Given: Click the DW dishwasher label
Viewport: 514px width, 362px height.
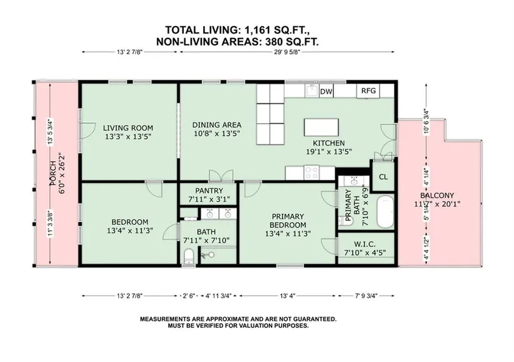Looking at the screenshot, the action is pos(326,91).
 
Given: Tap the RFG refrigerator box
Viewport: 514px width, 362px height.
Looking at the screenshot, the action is pos(368,91).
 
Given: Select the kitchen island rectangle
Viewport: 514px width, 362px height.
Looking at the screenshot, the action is pos(321,127).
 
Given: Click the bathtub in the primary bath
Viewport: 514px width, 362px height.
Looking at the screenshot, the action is pos(385,211).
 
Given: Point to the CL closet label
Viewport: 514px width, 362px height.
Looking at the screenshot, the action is pos(383,177).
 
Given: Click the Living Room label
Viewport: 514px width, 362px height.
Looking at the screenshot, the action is pos(128,128).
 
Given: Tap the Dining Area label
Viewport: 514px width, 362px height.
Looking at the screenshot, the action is pos(217,124).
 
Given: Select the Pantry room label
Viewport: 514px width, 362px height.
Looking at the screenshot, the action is pos(209,190).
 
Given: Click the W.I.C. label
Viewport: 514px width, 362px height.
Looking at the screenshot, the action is pos(364,244).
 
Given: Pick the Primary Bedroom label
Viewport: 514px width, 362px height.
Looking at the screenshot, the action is pos(288,221).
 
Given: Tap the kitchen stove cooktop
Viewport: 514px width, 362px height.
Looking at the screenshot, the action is pos(311,172).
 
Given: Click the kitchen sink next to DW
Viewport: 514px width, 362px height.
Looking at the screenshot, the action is pos(311,90).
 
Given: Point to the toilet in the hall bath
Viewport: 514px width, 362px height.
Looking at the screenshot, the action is pos(189,256).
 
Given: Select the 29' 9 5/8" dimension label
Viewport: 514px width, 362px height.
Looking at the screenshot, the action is pos(287,52).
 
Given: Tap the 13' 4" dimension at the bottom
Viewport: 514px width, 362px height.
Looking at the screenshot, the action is pos(287,296).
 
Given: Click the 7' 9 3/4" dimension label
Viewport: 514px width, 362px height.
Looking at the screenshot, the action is pos(366,296).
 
